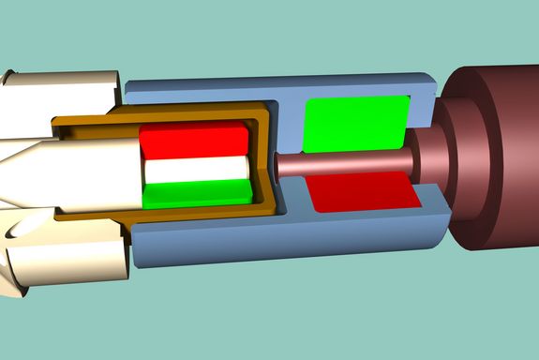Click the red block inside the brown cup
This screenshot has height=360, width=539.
(193, 142)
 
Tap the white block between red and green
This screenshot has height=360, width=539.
(196, 172)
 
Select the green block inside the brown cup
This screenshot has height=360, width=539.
(197, 194)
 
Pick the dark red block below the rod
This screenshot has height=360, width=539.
(361, 192)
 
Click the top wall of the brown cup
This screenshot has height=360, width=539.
(187, 117)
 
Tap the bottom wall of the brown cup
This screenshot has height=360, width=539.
(187, 213)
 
